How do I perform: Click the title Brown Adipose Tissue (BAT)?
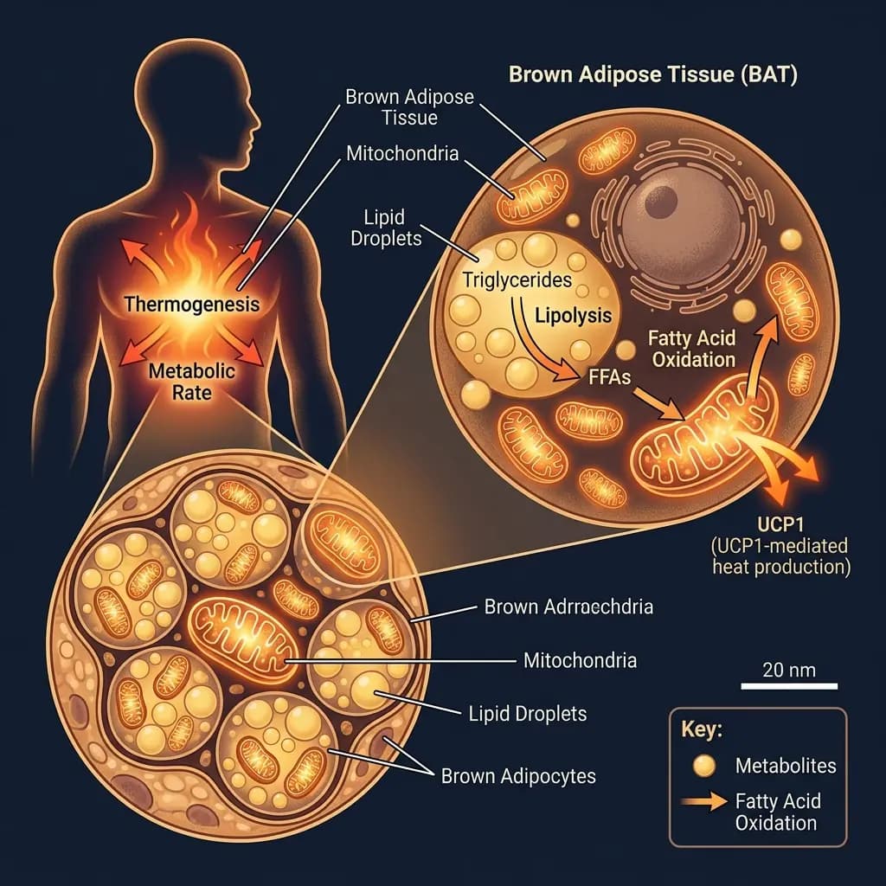(x=652, y=74)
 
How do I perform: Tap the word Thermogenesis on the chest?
(x=191, y=304)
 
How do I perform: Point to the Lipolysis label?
(x=572, y=316)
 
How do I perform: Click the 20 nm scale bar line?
(x=789, y=688)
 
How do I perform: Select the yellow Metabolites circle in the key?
(x=705, y=765)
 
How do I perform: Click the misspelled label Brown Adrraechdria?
(x=568, y=606)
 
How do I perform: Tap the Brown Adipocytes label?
(x=518, y=775)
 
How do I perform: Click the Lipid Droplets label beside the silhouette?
(x=387, y=227)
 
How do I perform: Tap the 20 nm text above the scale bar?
(x=789, y=669)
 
